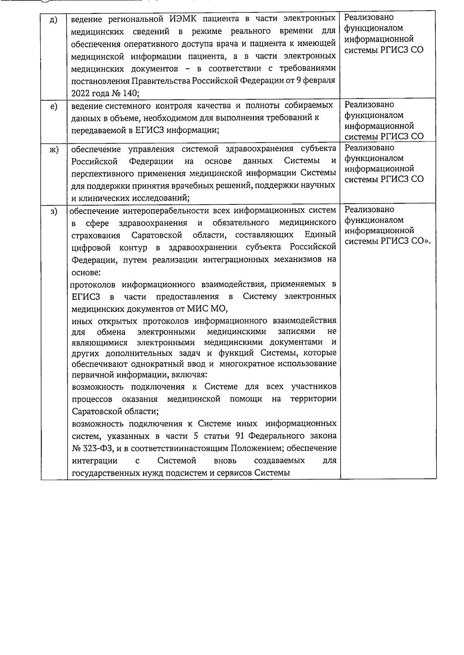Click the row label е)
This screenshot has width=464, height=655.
coord(54,107)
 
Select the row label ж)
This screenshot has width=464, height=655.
coord(54,150)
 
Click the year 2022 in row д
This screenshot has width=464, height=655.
coord(80,94)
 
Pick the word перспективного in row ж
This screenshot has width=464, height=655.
coord(101,173)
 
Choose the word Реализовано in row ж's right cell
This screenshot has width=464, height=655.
coord(369,148)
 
